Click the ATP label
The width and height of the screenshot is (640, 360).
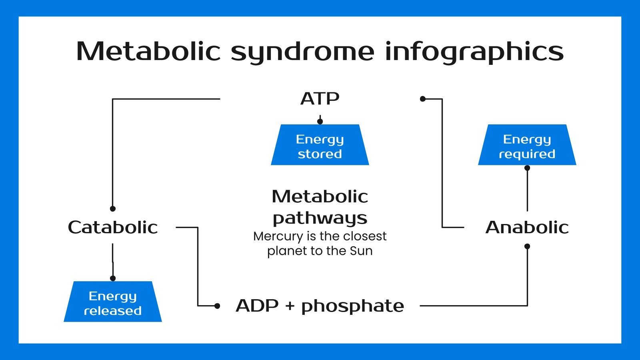(x=320, y=99)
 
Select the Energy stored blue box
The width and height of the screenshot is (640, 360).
(x=320, y=146)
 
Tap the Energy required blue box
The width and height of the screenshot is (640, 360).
(x=527, y=146)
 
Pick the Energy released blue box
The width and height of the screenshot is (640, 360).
(x=113, y=303)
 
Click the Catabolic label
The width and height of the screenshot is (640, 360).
(x=113, y=227)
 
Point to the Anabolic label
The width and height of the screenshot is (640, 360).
(x=527, y=227)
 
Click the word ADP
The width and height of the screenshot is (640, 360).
(x=257, y=306)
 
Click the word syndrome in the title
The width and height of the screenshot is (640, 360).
(x=302, y=52)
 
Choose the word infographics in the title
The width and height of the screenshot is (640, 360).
(x=474, y=52)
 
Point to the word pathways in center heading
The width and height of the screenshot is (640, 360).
(x=320, y=218)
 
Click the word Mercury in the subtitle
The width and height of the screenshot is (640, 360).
(x=278, y=236)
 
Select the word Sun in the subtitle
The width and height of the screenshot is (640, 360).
(x=361, y=251)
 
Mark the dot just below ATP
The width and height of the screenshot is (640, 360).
(x=320, y=121)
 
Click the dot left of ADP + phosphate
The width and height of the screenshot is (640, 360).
(x=217, y=306)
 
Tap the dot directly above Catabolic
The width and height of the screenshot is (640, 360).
(x=113, y=208)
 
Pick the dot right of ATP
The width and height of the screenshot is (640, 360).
(x=423, y=99)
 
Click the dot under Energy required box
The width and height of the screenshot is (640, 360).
(x=527, y=168)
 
